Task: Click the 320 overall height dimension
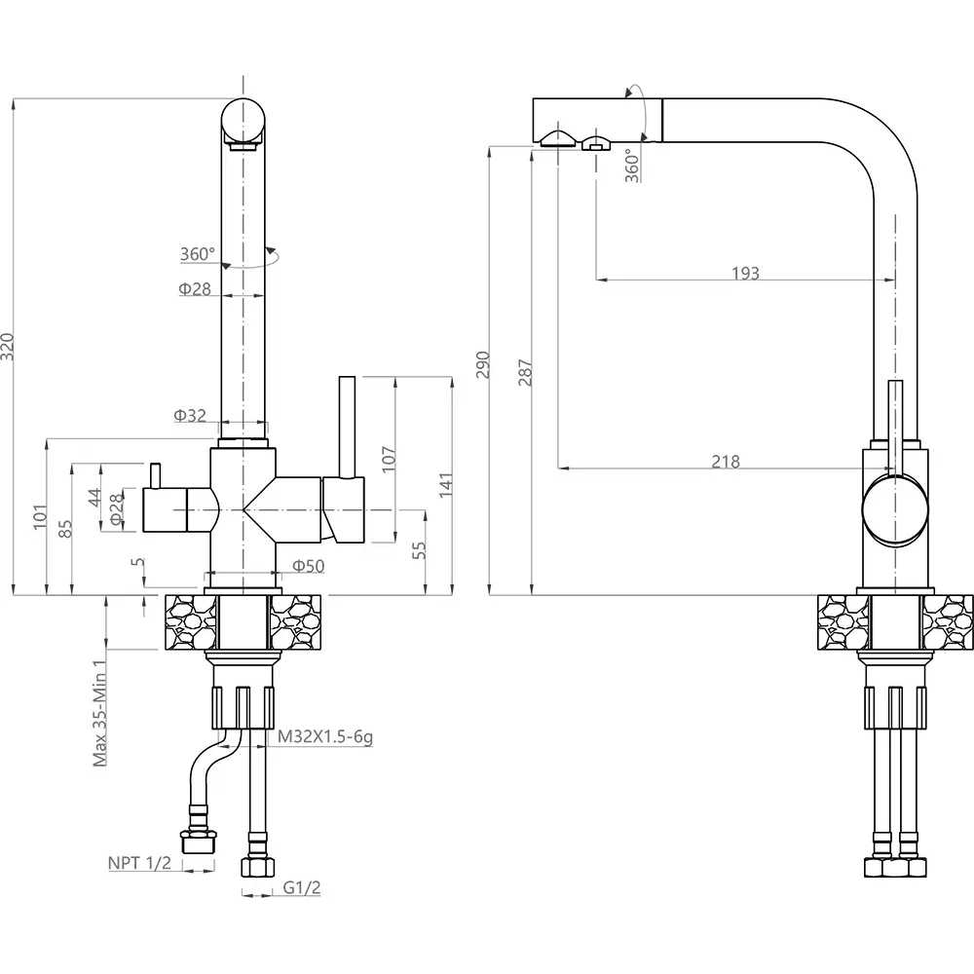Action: (x=9, y=347)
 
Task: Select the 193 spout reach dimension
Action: (x=745, y=274)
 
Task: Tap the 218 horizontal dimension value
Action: (x=725, y=462)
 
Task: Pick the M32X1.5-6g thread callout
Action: (x=325, y=737)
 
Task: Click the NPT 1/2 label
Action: (x=139, y=863)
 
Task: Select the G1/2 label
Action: (x=303, y=887)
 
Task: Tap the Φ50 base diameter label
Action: (x=307, y=566)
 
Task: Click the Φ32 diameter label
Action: (x=190, y=416)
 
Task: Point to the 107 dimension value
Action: (x=388, y=459)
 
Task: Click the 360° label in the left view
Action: (x=197, y=254)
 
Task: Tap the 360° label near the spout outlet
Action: (x=633, y=166)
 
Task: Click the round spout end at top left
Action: (x=243, y=121)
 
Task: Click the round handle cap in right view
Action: (x=894, y=508)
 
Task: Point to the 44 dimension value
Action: (x=94, y=497)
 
